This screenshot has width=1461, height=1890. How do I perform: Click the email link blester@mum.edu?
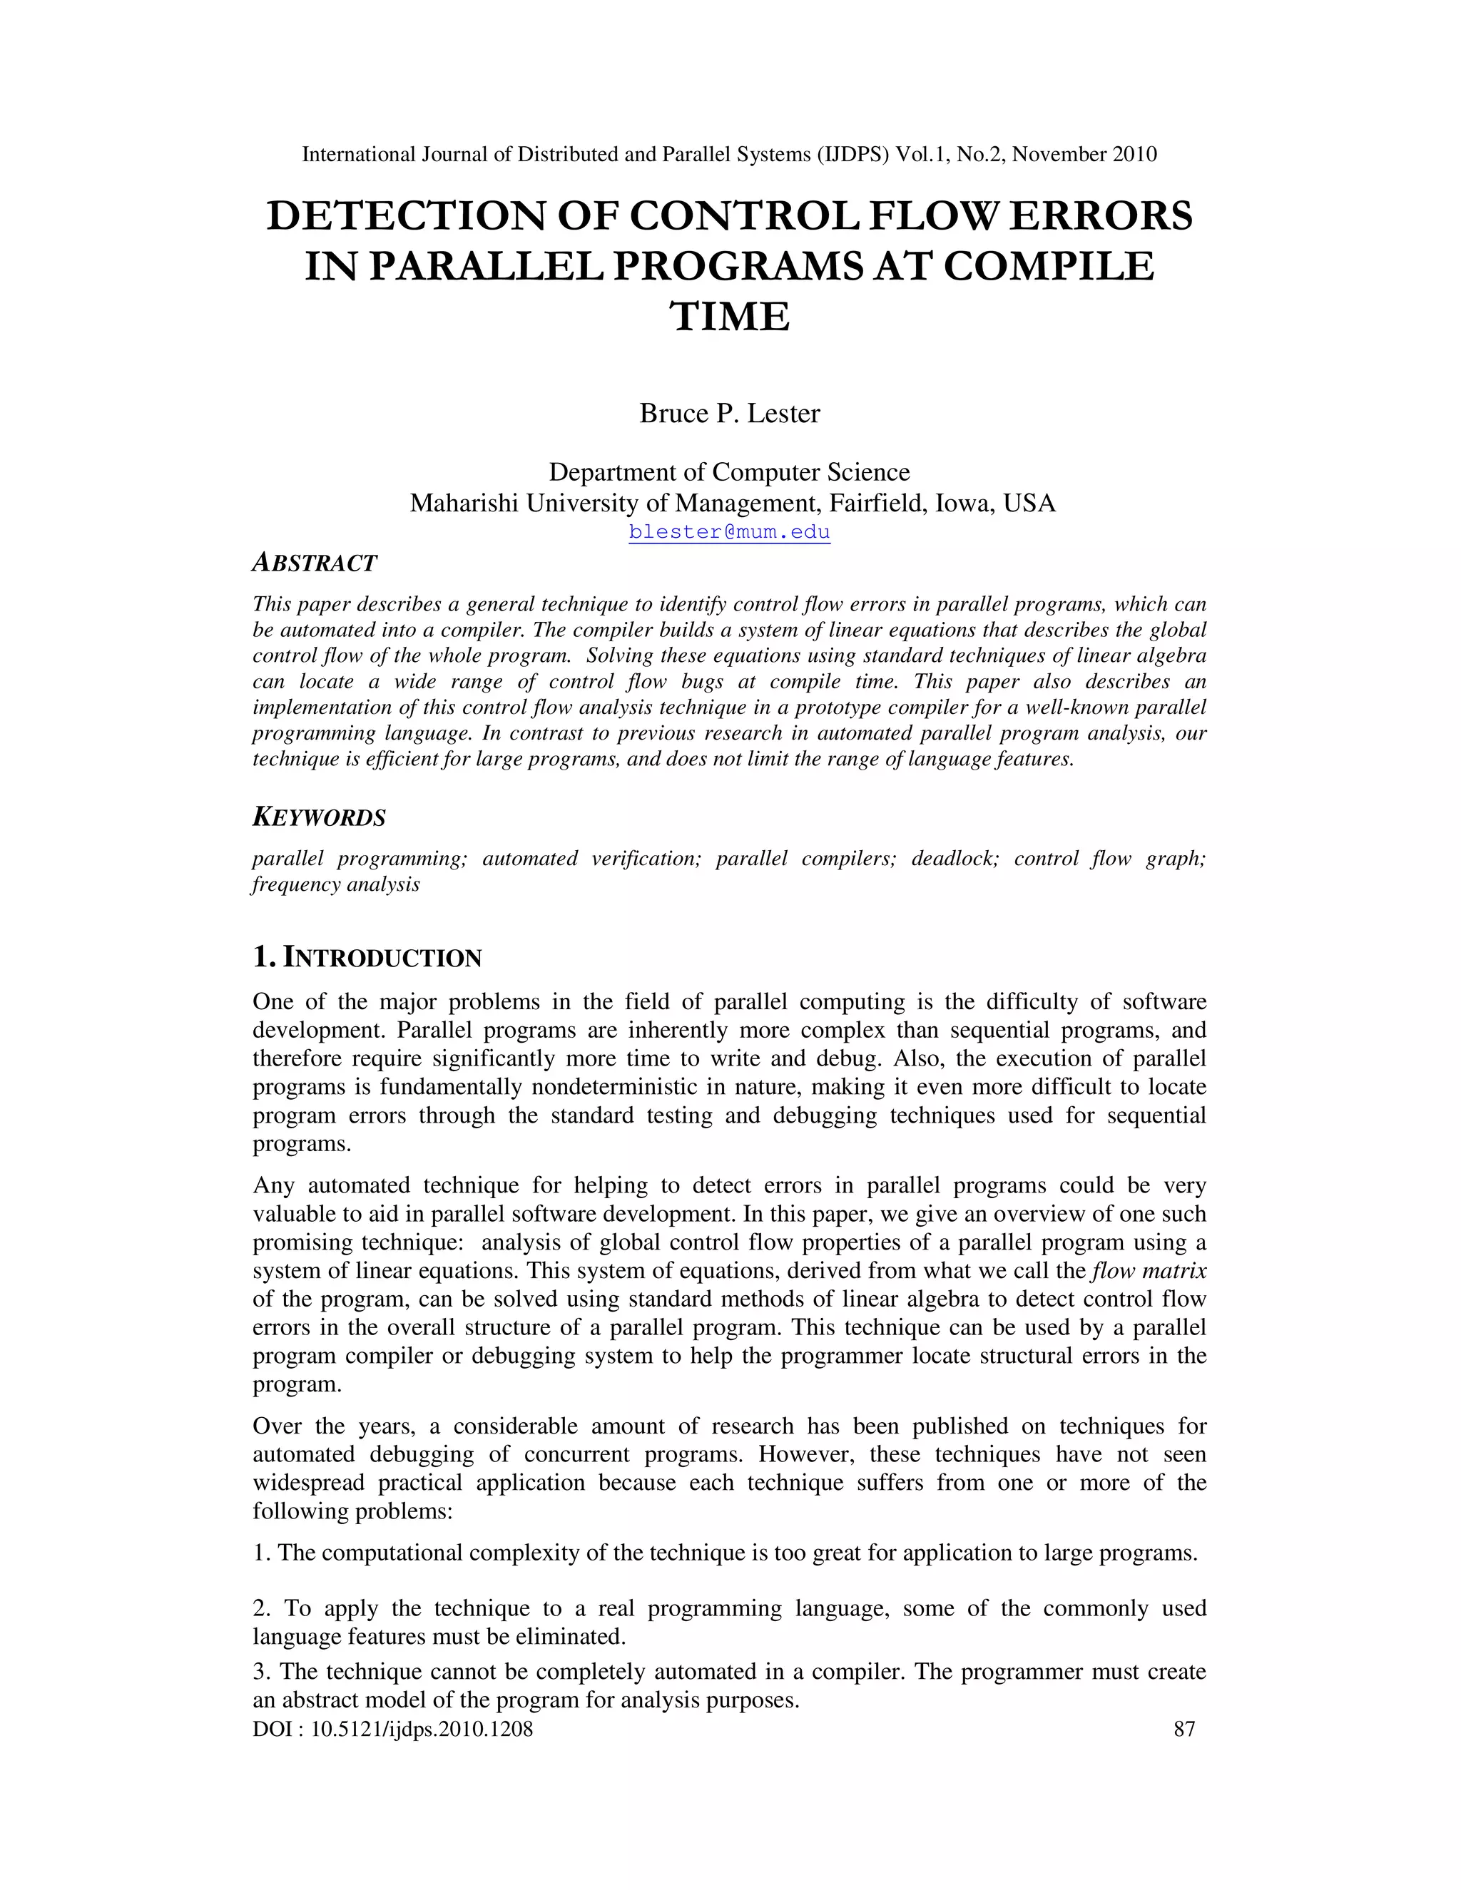pos(729,531)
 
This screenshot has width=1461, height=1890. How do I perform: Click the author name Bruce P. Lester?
pos(729,414)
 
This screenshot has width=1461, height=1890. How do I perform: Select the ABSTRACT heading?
pos(314,563)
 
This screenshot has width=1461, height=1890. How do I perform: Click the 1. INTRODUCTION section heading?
pos(366,958)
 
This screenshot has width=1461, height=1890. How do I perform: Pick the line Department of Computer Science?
pos(729,472)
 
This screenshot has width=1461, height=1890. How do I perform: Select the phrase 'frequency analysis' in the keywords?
pos(336,884)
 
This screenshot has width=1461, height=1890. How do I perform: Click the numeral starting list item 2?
pos(260,1609)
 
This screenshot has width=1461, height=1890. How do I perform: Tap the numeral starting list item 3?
pos(260,1672)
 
